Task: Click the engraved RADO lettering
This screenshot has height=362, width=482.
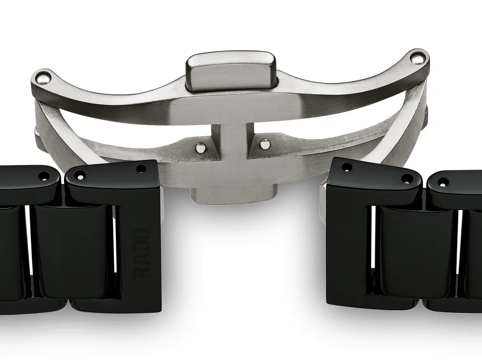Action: (x=142, y=253)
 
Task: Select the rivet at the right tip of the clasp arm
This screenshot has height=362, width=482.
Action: (x=416, y=58)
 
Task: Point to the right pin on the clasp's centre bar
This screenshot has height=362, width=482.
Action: (x=265, y=143)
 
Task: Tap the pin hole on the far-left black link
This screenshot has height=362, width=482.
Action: (x=44, y=176)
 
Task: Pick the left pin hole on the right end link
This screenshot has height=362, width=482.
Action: (x=347, y=167)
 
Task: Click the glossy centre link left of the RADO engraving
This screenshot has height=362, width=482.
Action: (x=73, y=252)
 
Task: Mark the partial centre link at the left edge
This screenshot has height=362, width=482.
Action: (x=10, y=252)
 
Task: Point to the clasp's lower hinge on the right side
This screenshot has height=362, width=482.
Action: (x=425, y=118)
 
